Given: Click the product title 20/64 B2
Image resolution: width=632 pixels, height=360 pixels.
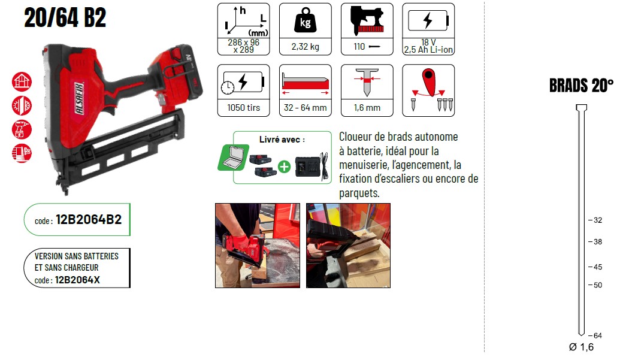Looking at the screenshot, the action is click(x=65, y=18).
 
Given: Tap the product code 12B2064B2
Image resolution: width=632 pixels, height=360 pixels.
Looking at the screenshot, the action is click(x=89, y=220).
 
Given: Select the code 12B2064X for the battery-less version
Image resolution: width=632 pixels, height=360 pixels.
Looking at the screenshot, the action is click(x=77, y=280).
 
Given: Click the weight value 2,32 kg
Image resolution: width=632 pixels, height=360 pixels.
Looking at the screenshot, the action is click(x=305, y=47).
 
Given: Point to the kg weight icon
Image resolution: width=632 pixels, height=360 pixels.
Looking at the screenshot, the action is click(x=305, y=20).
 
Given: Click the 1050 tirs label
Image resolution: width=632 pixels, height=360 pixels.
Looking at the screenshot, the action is click(x=243, y=108).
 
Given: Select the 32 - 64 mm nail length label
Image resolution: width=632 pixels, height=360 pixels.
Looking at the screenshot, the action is click(x=305, y=108).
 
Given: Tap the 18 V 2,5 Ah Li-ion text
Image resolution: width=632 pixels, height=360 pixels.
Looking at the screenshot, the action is click(x=428, y=46).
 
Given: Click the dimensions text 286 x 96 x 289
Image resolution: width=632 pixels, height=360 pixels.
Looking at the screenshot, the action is click(x=243, y=46).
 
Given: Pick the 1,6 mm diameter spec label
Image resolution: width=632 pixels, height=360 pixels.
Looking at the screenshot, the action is click(x=367, y=108).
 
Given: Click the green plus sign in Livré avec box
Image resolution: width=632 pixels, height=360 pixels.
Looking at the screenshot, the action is click(x=284, y=167).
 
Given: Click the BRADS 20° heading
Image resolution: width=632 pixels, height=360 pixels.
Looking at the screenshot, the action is click(x=581, y=86).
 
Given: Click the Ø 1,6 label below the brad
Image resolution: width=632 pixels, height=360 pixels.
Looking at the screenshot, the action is click(x=581, y=347).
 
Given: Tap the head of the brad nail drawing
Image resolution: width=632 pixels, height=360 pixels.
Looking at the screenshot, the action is click(x=581, y=107).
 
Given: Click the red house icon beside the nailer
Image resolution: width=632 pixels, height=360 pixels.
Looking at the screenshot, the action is click(x=22, y=82).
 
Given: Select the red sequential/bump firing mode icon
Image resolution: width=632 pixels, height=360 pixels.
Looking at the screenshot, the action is click(x=428, y=89).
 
